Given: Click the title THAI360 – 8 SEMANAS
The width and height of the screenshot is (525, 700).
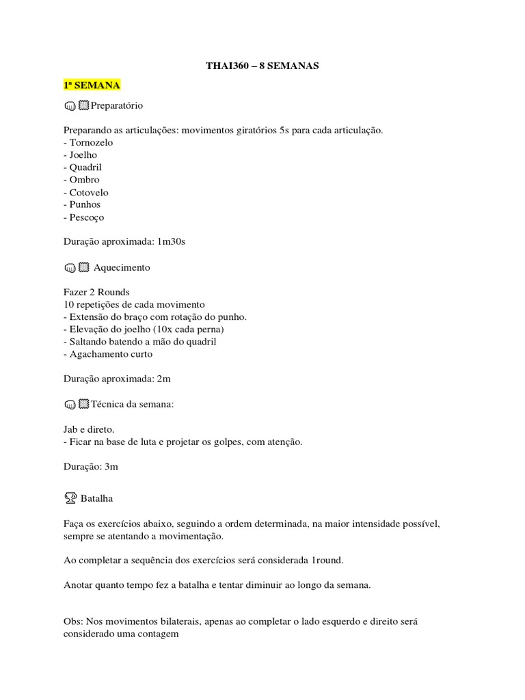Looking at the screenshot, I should [x=262, y=66].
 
